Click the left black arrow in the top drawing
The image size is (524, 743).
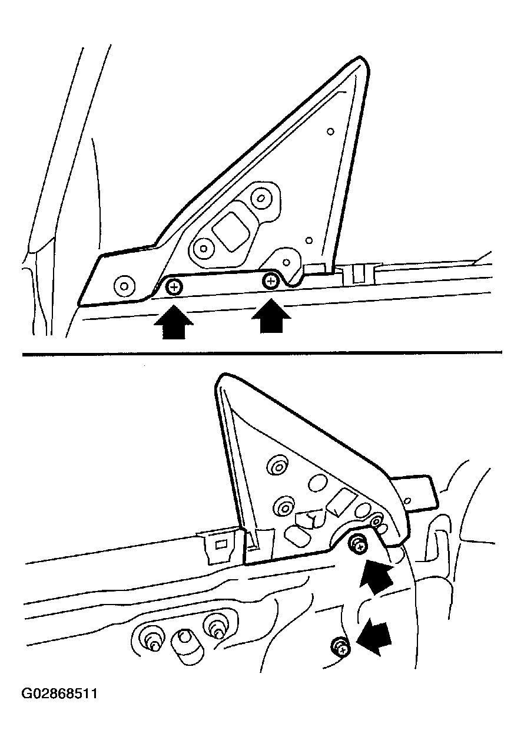[173, 322]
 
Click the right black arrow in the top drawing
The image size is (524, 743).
[271, 315]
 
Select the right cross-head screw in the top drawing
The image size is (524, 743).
[271, 282]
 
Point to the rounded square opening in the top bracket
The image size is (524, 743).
[231, 231]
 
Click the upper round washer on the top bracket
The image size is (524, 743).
[261, 199]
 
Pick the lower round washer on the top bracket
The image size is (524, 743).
[204, 248]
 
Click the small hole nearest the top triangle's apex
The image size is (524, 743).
[330, 131]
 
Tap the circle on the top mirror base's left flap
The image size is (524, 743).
[124, 286]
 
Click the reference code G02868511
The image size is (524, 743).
[59, 694]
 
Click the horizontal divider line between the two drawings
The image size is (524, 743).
[262, 354]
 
